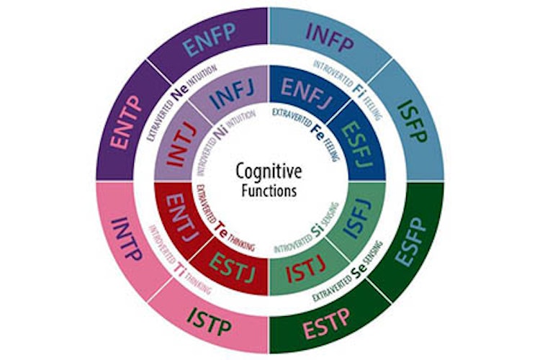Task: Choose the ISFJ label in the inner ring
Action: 355,221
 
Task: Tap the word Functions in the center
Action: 270,192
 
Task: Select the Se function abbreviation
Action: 356,272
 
